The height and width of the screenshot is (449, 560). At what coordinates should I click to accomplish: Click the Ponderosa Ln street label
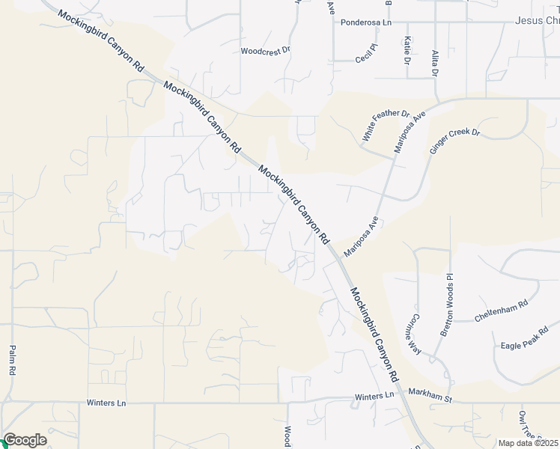[366, 22]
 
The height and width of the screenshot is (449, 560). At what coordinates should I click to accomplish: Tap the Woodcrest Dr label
[264, 52]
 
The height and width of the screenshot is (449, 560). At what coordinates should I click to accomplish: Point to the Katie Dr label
[407, 49]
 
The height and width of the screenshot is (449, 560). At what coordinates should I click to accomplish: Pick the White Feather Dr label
[386, 126]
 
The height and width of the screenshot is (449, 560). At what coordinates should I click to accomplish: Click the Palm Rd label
[13, 360]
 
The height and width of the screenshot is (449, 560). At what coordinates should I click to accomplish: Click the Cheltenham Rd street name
[501, 311]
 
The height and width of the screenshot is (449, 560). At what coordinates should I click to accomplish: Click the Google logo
[25, 440]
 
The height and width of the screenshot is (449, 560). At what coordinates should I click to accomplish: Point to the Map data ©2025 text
[528, 443]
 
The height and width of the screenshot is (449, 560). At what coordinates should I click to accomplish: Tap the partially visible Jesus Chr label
[537, 20]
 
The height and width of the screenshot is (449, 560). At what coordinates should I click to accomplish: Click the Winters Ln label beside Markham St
[374, 396]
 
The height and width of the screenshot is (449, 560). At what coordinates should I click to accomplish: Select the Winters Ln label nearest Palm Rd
[106, 403]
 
